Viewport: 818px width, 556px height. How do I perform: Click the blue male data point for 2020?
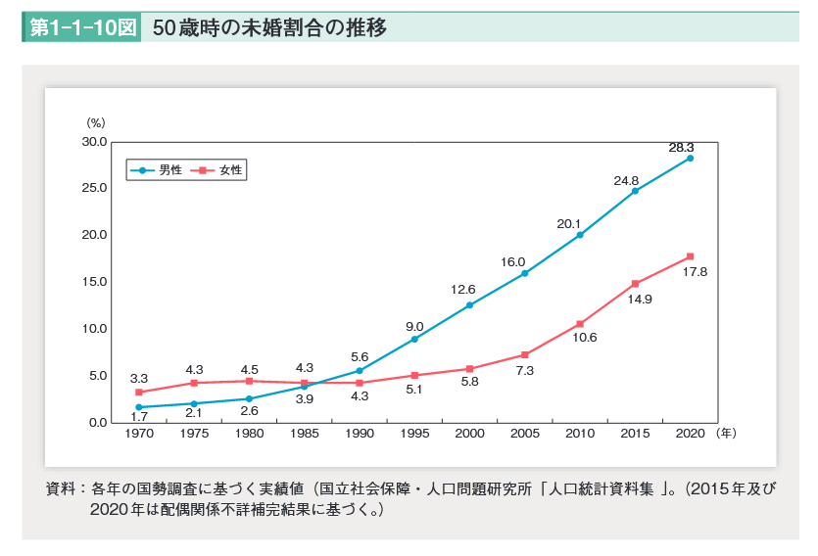pyautogui.click(x=690, y=158)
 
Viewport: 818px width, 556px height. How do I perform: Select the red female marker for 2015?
pyautogui.click(x=635, y=283)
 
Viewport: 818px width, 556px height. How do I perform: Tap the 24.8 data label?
pyautogui.click(x=626, y=181)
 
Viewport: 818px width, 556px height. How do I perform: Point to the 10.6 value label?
pyautogui.click(x=585, y=338)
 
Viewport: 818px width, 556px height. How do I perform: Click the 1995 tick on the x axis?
pyautogui.click(x=414, y=433)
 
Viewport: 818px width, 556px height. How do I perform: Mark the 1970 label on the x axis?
pyautogui.click(x=139, y=433)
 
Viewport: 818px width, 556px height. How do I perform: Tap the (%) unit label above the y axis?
pyautogui.click(x=95, y=122)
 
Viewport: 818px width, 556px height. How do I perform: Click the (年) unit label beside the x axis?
pyautogui.click(x=726, y=432)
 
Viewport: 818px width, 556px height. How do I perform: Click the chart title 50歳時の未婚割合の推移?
pyautogui.click(x=269, y=27)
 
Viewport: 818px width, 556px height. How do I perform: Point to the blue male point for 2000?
pyautogui.click(x=469, y=305)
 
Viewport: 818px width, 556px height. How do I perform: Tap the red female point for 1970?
pyautogui.click(x=139, y=392)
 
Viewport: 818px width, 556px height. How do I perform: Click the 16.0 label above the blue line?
pyautogui.click(x=513, y=262)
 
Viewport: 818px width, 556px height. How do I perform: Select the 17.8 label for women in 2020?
pyautogui.click(x=695, y=271)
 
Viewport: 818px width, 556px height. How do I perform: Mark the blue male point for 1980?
pyautogui.click(x=249, y=398)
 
